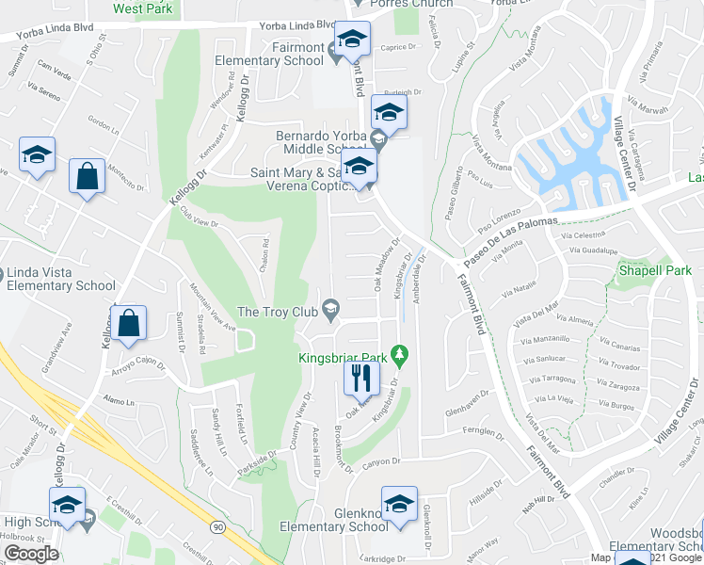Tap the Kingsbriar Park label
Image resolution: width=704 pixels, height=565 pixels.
pos(344,357)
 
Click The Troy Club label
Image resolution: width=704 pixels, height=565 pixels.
pos(278,312)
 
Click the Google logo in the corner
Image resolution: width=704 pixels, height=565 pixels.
pos(31,554)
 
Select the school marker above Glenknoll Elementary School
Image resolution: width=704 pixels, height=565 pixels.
pos(399,504)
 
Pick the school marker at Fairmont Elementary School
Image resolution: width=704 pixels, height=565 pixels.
pos(353,40)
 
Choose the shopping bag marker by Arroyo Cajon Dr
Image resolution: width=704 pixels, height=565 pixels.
pos(128,325)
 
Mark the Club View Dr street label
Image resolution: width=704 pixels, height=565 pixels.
pos(200,218)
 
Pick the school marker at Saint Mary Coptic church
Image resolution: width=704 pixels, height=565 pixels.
pos(359,169)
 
